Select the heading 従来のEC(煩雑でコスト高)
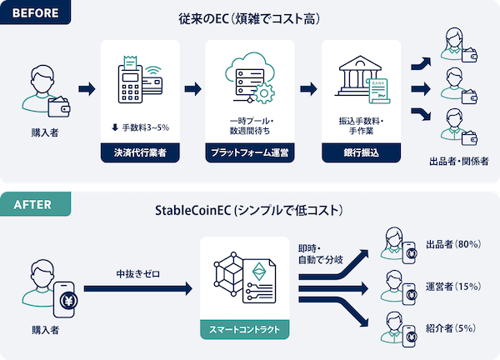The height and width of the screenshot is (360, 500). pos(250,17)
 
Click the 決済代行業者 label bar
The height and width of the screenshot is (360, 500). pos(134,152)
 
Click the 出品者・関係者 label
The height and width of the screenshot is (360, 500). pos(457,159)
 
